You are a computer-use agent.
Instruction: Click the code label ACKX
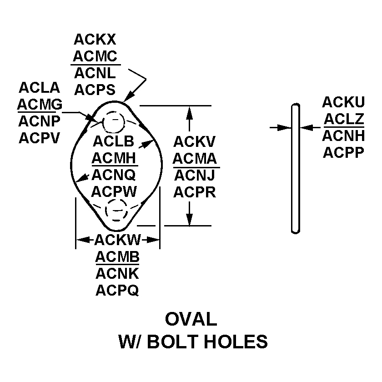coord(95,40)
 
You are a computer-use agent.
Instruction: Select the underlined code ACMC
coord(95,56)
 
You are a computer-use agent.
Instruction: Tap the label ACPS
coord(95,90)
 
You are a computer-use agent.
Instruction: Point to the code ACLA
coord(40,87)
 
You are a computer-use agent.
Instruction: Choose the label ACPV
coord(40,137)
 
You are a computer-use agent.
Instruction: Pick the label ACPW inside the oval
coord(114,191)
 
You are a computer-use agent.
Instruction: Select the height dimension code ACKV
coord(194,142)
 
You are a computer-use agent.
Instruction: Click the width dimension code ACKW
coord(118,240)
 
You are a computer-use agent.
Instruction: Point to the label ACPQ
coord(117,290)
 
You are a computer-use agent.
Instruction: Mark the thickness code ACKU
coord(343,102)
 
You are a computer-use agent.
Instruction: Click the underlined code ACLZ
coord(343,119)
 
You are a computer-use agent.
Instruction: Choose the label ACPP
coord(343,152)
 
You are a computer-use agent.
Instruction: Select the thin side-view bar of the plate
coord(296,168)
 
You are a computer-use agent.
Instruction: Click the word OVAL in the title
coord(191,319)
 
